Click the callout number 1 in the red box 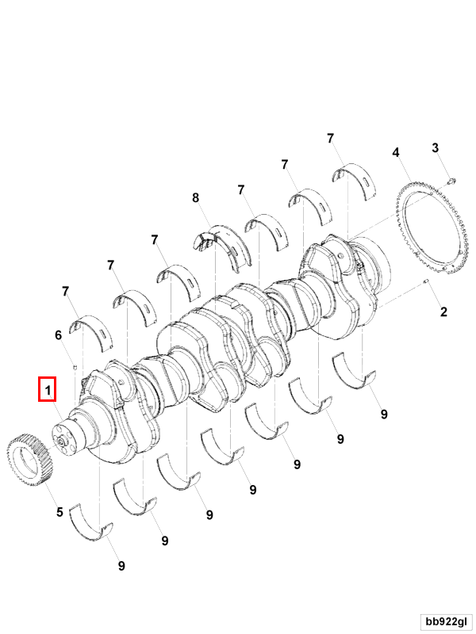point(48,390)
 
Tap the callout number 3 point(435,148)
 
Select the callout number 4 point(396,152)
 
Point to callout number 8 point(196,197)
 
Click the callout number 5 point(60,512)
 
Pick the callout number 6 point(58,334)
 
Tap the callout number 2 point(443,311)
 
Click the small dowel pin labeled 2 point(426,281)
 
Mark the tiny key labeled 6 point(75,367)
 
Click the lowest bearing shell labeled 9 point(91,524)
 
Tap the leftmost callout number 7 point(66,291)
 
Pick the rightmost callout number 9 point(384,414)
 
